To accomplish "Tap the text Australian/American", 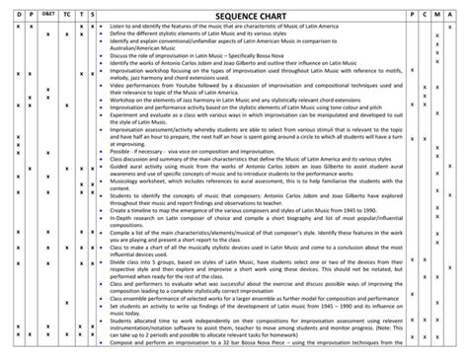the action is [133, 48].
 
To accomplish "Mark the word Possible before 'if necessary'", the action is [120, 150].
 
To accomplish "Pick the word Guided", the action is [118, 166].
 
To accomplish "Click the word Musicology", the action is [125, 181].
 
